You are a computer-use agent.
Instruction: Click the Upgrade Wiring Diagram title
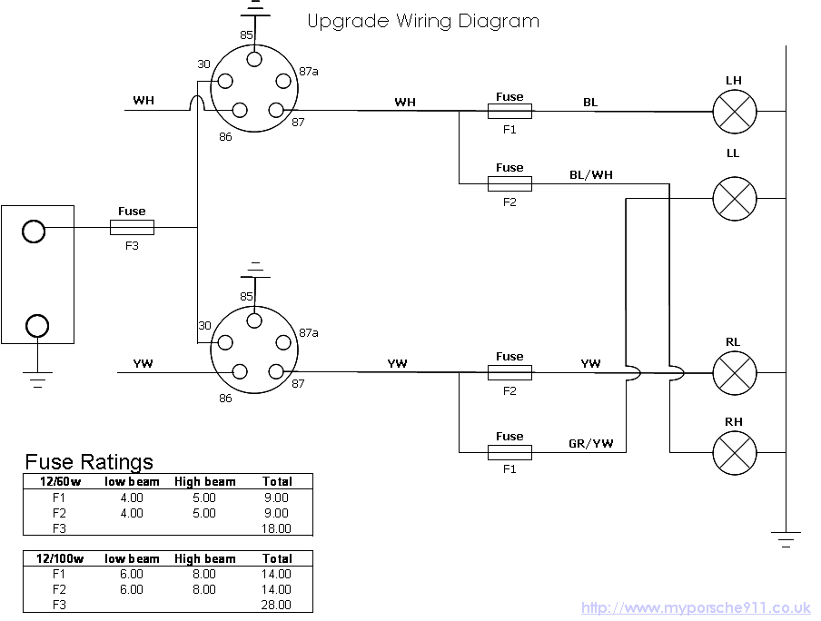(x=423, y=21)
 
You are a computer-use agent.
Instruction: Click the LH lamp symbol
(x=734, y=112)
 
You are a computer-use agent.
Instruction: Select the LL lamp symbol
(x=734, y=198)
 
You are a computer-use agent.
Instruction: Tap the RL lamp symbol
(x=734, y=372)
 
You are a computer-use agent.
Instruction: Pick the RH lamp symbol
(x=734, y=451)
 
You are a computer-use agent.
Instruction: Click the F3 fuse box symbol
(x=132, y=227)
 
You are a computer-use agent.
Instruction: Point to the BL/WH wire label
(x=591, y=174)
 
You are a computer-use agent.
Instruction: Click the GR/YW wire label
(x=590, y=443)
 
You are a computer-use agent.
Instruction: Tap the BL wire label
(x=590, y=103)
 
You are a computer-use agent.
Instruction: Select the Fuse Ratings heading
(x=89, y=462)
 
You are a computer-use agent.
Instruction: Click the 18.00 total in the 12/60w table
(x=276, y=528)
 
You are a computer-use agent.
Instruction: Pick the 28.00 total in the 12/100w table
(x=276, y=605)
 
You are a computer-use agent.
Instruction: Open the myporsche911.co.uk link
(x=696, y=608)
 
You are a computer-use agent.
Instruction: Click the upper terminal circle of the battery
(x=34, y=232)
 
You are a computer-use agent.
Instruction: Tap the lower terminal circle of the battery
(x=37, y=324)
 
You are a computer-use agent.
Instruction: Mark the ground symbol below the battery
(x=37, y=380)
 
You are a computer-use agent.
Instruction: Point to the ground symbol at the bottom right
(x=786, y=538)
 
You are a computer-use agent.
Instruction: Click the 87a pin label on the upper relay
(x=309, y=72)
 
